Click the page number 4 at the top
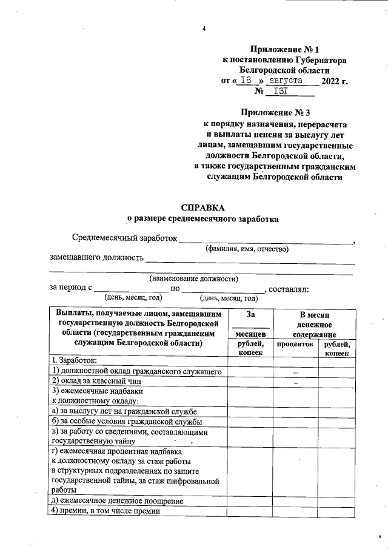(204, 29)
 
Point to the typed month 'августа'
(290, 80)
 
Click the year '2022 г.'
(335, 81)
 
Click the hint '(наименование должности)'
(193, 278)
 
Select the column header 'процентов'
(295, 344)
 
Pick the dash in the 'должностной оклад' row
(296, 371)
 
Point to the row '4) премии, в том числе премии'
(105, 511)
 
